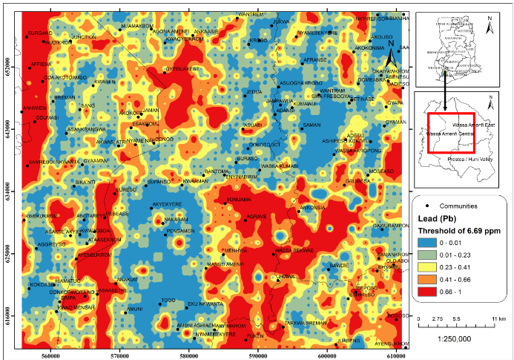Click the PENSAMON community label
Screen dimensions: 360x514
point(179,231)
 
